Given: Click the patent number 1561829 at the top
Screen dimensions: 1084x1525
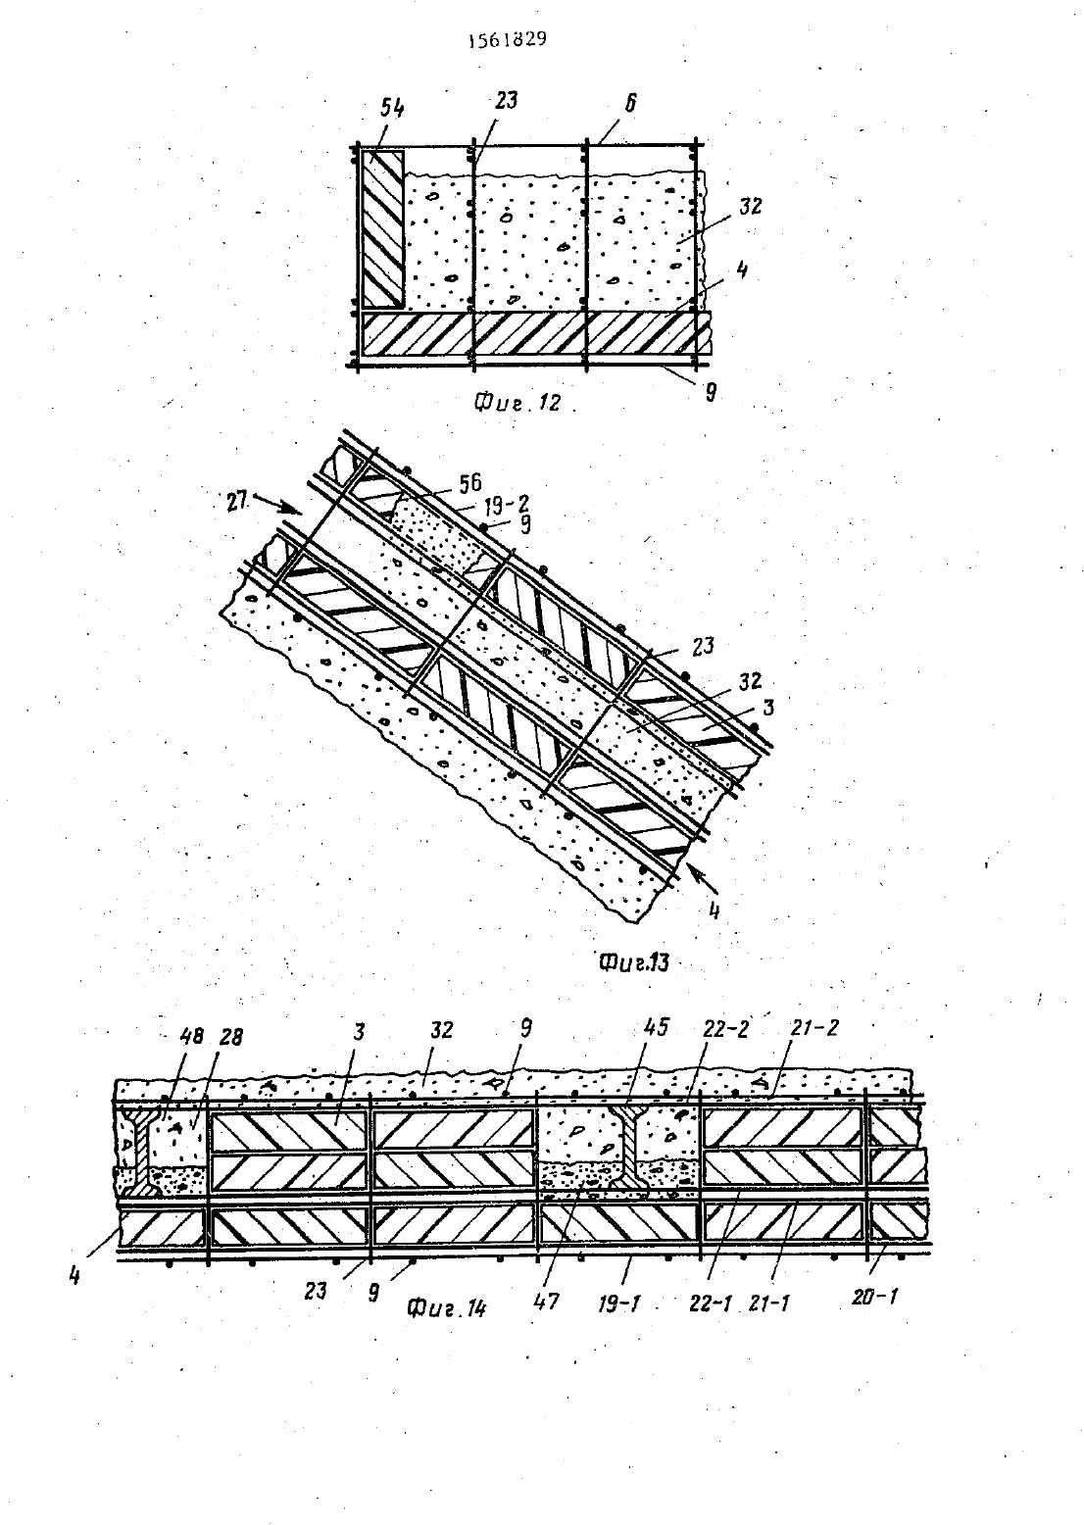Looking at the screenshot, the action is pos(508,40).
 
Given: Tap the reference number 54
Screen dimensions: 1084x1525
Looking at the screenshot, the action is pos(391,108).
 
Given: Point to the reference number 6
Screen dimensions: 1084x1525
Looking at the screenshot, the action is pos(630,103).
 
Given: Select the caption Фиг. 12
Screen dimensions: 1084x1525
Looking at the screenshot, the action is pos(517,403).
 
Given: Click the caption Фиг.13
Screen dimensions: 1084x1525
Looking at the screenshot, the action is pos(633,962).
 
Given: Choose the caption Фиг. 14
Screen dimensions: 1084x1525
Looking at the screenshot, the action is pos(447,1307).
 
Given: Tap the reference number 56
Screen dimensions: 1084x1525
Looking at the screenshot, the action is pos(469,483).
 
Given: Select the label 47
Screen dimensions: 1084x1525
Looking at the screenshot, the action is pos(547,1301).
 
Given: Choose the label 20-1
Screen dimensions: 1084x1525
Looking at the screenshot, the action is pos(875,1297).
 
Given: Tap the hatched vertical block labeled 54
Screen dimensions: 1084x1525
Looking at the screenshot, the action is pos(382,228).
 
